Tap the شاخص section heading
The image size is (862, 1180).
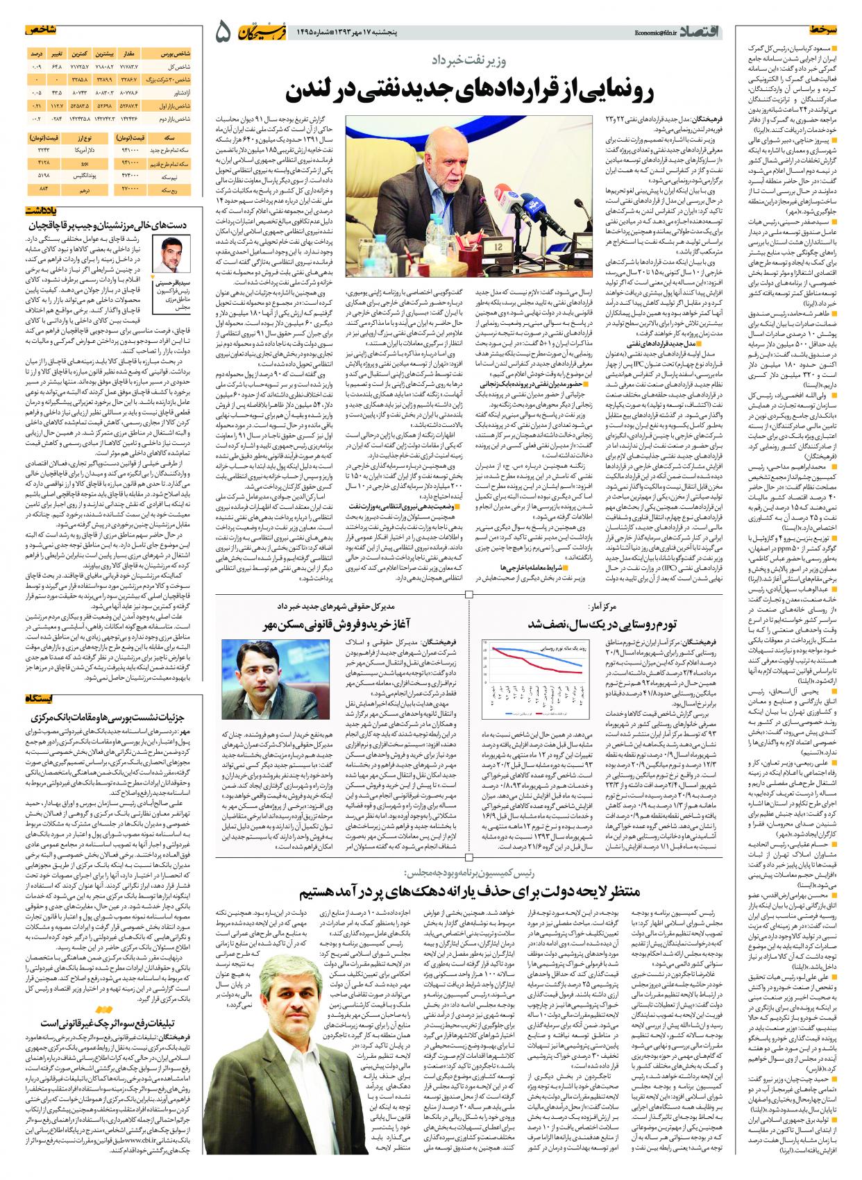(x=187, y=31)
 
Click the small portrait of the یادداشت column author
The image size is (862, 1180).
(x=171, y=253)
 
